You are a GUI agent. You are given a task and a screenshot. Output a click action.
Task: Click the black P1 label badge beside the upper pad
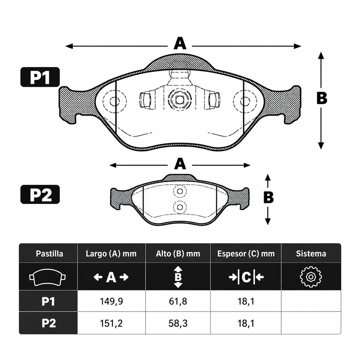click(x=40, y=77)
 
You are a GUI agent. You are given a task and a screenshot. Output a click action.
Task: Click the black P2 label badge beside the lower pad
click(x=40, y=194)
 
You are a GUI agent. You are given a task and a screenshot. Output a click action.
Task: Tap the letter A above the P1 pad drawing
click(x=180, y=44)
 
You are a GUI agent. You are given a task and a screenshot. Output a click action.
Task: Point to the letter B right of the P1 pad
click(x=321, y=98)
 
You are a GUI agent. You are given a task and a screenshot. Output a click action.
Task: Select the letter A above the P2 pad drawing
click(x=180, y=164)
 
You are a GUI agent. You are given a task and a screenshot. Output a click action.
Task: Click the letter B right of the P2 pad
click(x=269, y=197)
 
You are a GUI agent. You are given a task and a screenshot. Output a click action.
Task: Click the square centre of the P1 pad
click(x=180, y=100)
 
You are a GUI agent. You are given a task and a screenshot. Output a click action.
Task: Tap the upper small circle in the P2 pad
click(x=180, y=191)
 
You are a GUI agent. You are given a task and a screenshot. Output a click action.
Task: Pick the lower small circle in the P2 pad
click(x=180, y=207)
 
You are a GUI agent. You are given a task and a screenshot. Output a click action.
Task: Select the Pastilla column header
click(x=49, y=254)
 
